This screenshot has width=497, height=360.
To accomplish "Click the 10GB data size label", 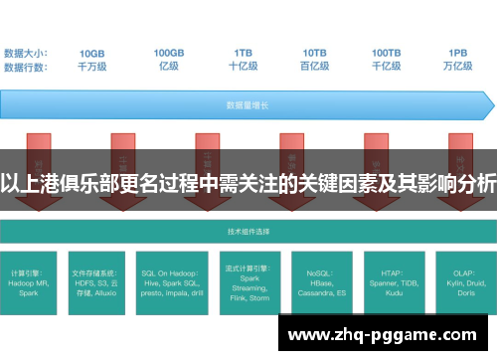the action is (x=92, y=53).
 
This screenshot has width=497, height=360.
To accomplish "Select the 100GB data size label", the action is (x=168, y=53).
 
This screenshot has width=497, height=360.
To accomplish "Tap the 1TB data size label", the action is (x=244, y=53).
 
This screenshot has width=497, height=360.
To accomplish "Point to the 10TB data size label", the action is (x=315, y=53).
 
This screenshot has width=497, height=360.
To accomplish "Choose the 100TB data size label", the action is (x=387, y=53).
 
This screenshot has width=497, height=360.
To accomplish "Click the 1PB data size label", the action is (x=457, y=53).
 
